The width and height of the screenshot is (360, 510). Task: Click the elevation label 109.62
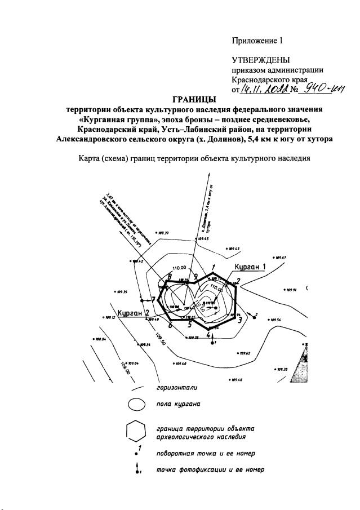click(244, 353)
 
